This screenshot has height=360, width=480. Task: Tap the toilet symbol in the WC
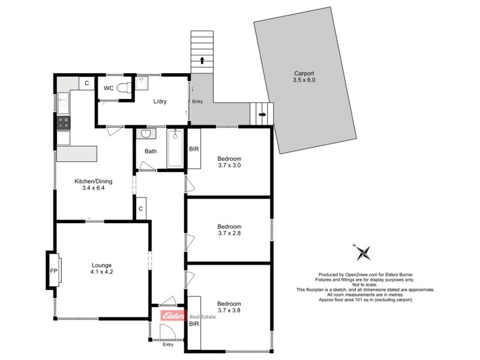click(x=124, y=88)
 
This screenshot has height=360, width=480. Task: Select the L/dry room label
click(x=160, y=101)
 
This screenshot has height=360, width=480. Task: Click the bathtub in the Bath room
click(x=175, y=149)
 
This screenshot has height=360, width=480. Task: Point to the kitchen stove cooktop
click(x=63, y=122)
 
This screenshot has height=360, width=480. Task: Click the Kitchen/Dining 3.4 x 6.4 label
click(x=93, y=184)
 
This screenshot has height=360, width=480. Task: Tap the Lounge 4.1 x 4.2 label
click(x=101, y=268)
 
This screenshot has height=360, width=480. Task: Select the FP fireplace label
click(x=52, y=270)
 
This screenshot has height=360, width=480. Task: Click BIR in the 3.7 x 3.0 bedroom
click(x=194, y=149)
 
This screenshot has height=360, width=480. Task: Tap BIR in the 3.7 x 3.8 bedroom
click(x=194, y=322)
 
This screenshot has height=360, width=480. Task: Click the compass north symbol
click(x=362, y=253)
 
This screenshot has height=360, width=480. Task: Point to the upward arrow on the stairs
click(x=202, y=60)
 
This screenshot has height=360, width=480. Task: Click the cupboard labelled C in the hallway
click(x=140, y=209)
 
